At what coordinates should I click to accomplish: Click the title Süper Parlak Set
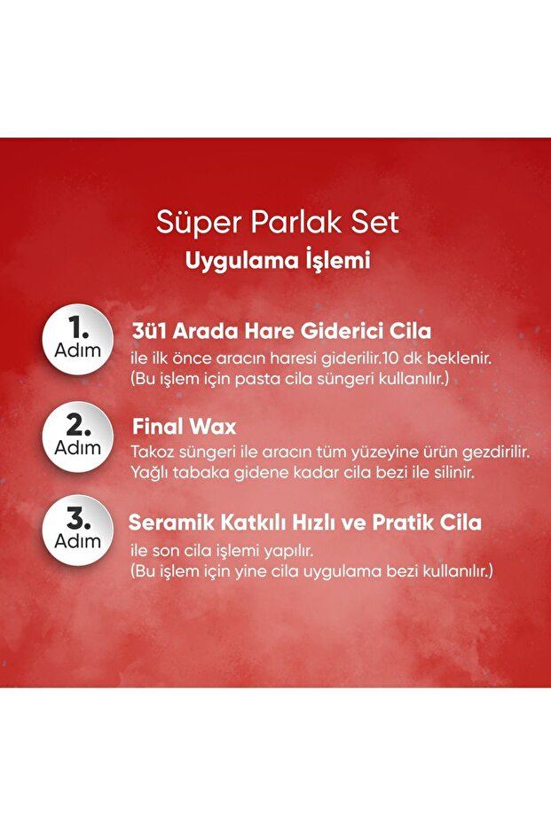(278, 222)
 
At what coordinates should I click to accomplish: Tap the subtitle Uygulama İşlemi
(277, 262)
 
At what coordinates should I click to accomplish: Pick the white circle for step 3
(77, 531)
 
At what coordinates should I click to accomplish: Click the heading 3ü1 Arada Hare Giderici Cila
(280, 332)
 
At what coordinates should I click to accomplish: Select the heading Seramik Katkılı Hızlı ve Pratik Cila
(305, 522)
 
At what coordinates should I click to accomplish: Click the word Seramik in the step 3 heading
(164, 522)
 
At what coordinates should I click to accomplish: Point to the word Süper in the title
(188, 222)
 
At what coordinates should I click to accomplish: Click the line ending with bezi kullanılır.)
(311, 570)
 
